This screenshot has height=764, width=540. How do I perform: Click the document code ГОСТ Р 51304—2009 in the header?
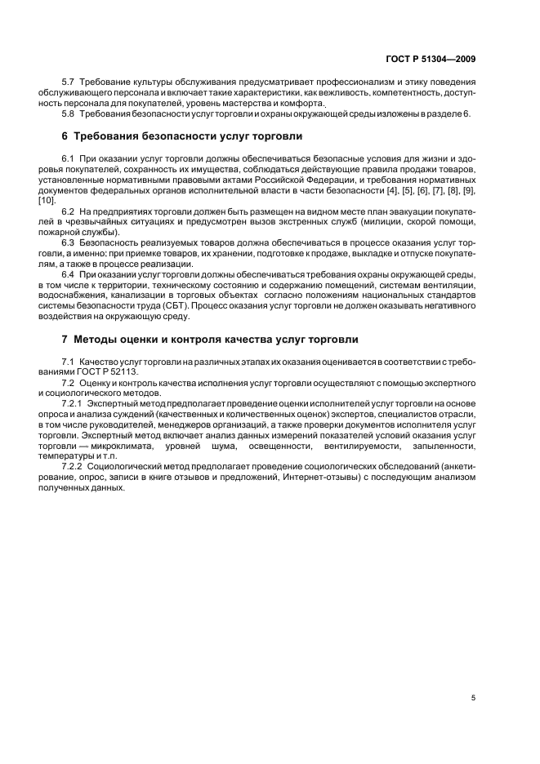pos(431,58)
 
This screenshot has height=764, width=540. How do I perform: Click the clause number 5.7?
pos(69,84)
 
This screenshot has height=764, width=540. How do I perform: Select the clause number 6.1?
pos(69,155)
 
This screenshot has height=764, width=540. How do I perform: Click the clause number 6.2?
pos(69,211)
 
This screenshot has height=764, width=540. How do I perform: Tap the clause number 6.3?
pos(69,243)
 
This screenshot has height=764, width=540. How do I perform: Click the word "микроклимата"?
pos(124,446)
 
